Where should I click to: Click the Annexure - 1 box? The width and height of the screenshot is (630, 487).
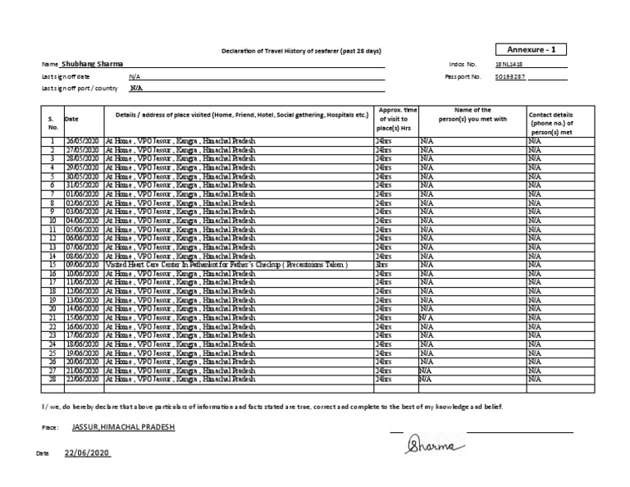point(532,50)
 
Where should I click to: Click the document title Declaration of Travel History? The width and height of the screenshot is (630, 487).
point(302,52)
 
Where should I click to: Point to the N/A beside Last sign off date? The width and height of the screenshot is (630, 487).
point(135,76)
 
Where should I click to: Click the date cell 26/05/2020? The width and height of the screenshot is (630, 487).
point(83,142)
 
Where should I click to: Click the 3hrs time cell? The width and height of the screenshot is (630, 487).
point(382,266)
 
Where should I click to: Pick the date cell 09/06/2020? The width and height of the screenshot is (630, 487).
point(83,266)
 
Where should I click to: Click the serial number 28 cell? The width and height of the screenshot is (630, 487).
point(52,380)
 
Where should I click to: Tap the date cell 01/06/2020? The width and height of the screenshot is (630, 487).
point(83,194)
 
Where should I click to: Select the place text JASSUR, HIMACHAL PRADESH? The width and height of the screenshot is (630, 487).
point(123,429)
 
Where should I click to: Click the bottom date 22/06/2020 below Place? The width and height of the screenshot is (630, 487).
point(87,453)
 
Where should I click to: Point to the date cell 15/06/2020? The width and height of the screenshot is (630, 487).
point(83,317)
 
